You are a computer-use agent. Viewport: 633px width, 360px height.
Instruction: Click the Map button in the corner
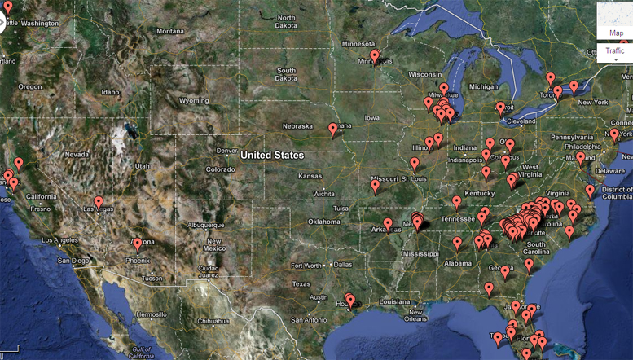(617, 33)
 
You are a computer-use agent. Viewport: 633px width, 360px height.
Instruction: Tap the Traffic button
(616, 51)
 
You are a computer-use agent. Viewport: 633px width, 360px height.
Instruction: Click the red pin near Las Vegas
(99, 202)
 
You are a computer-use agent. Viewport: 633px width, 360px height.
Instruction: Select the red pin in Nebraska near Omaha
(333, 129)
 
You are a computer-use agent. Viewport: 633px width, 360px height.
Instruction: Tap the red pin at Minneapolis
(375, 56)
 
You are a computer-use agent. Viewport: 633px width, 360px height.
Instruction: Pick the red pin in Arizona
(138, 243)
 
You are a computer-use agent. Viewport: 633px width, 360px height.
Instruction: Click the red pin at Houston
(350, 301)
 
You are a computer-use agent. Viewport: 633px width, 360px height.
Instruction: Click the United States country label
(271, 155)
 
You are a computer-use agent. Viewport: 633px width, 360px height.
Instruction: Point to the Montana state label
(170, 31)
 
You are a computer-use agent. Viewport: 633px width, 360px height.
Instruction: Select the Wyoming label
(194, 101)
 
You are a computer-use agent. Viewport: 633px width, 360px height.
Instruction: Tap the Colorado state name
(220, 169)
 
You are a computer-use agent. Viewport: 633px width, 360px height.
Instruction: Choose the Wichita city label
(323, 194)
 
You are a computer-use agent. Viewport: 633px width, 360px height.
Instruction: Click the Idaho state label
(110, 92)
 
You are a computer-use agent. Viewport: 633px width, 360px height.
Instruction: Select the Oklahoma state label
(323, 222)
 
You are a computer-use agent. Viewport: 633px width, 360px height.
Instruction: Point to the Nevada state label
(77, 154)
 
